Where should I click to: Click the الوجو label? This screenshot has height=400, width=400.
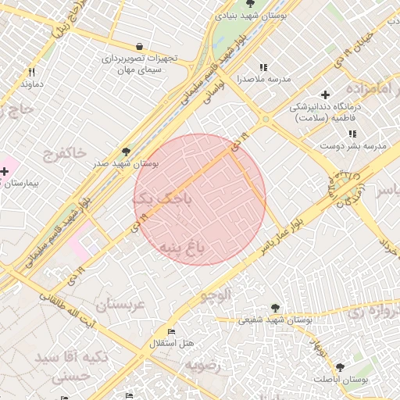pyautogui.click(x=216, y=295)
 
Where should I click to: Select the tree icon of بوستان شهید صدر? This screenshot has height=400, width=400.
pyautogui.click(x=126, y=152)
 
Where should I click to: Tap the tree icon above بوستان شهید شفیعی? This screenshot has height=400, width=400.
pyautogui.click(x=274, y=308)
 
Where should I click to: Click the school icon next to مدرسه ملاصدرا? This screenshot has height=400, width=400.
pyautogui.click(x=263, y=68)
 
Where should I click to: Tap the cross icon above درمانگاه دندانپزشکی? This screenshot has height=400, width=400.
pyautogui.click(x=326, y=95)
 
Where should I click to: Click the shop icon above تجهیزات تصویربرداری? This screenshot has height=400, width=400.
pyautogui.click(x=139, y=46)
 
